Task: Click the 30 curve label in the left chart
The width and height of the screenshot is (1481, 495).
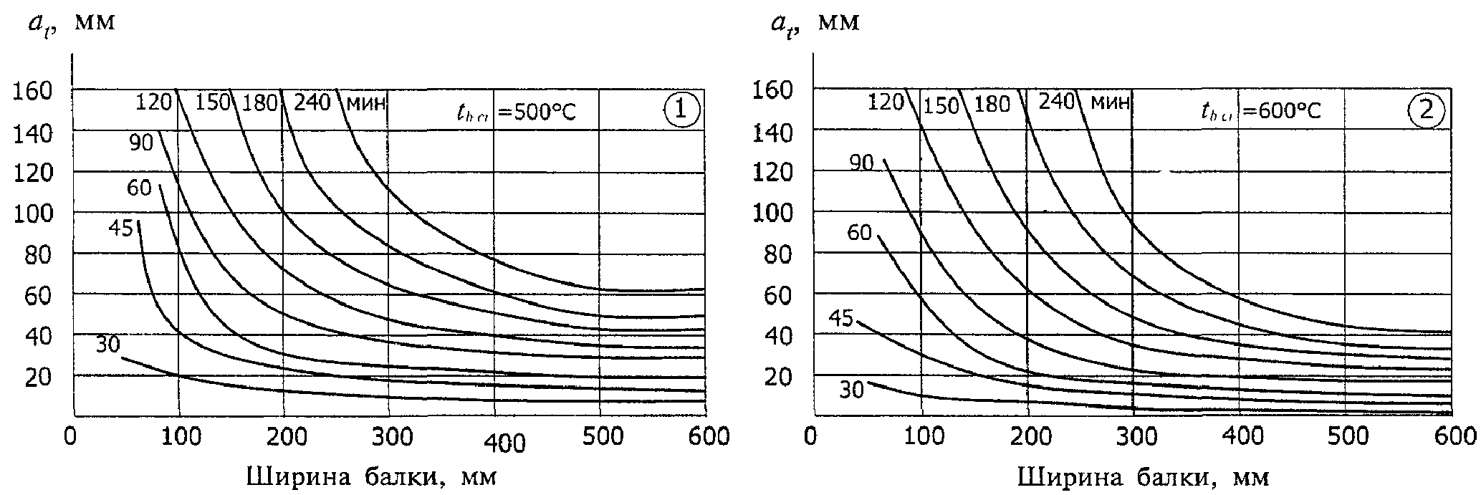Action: pyautogui.click(x=107, y=345)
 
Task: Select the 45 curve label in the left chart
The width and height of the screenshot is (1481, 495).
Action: pyautogui.click(x=121, y=229)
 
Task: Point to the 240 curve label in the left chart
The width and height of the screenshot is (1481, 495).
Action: pyautogui.click(x=312, y=102)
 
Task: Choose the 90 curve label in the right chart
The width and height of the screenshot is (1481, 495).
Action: pyautogui.click(x=862, y=163)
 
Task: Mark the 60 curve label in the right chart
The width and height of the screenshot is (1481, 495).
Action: pyautogui.click(x=858, y=233)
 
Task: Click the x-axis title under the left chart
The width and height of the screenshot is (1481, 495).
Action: pyautogui.click(x=371, y=477)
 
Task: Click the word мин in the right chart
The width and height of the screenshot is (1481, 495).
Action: pyautogui.click(x=1109, y=102)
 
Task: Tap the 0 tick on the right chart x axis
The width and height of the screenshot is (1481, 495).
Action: pyautogui.click(x=810, y=436)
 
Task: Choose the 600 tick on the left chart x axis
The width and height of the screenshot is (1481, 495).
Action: pyautogui.click(x=709, y=436)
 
